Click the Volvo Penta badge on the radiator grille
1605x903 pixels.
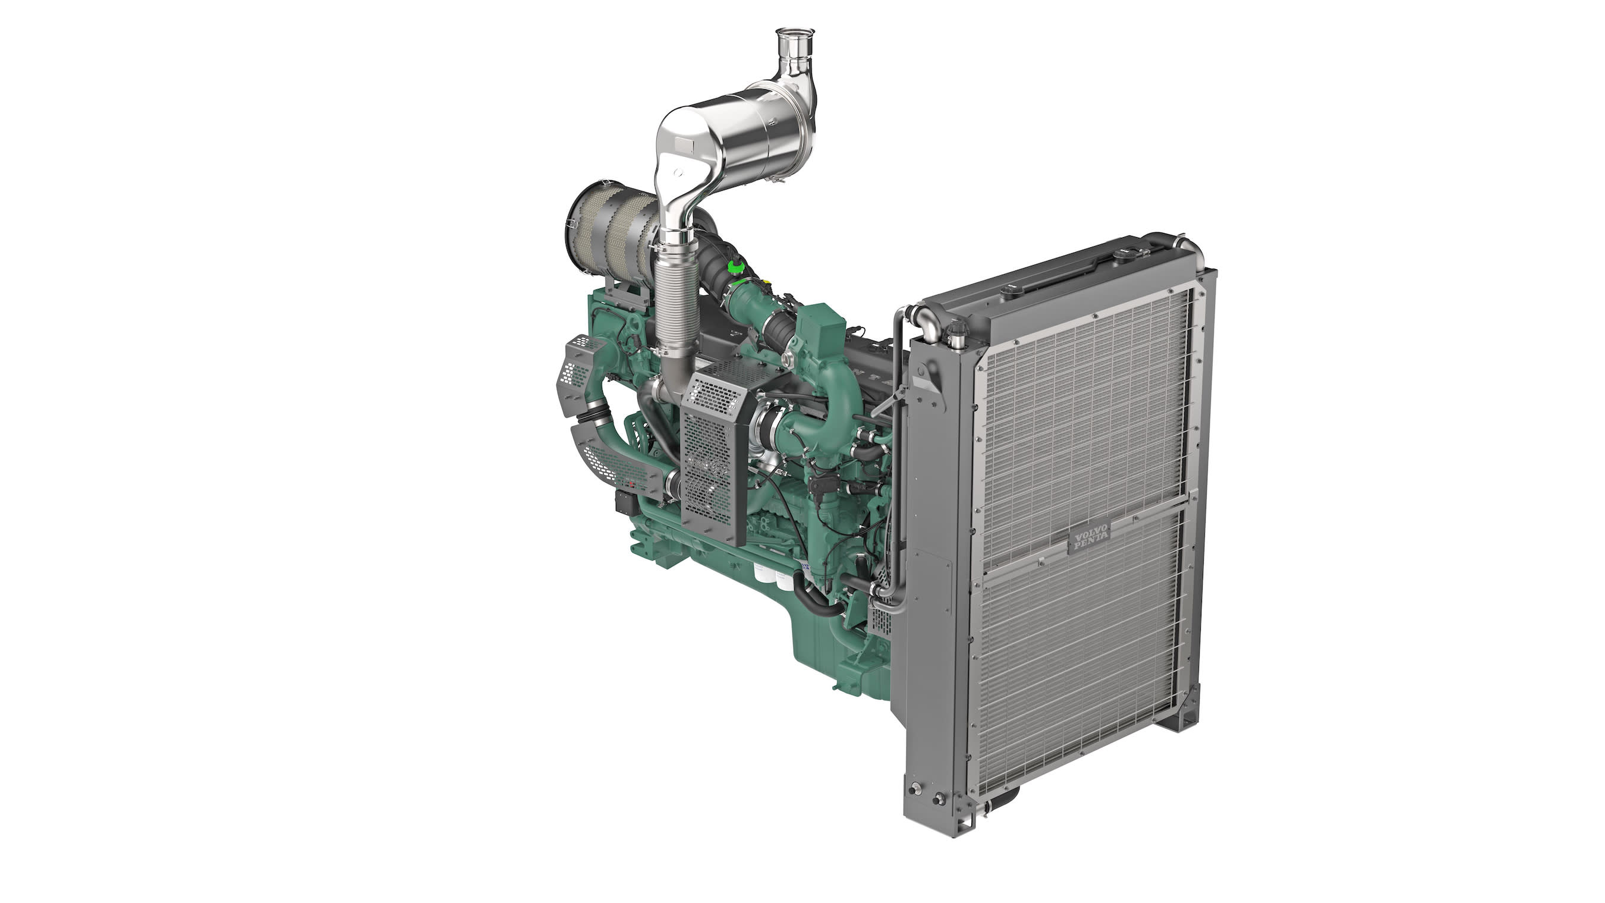1089,535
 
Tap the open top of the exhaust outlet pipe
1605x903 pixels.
794,33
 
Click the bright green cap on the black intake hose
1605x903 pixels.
737,267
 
